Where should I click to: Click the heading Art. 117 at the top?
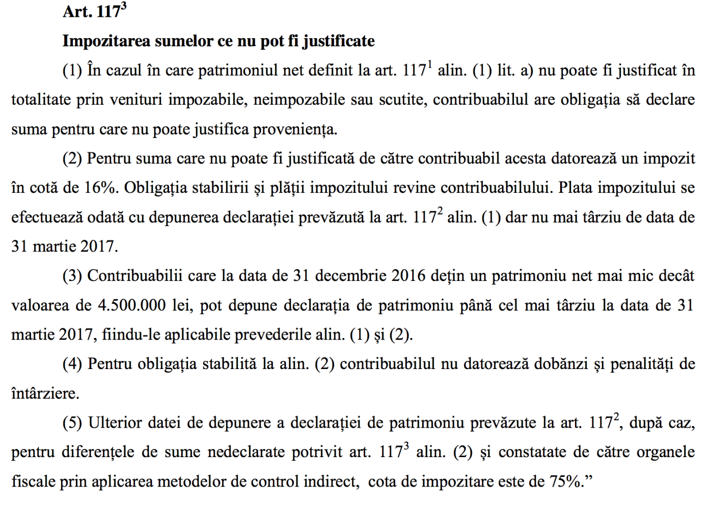(94, 11)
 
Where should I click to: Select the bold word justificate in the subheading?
(339, 41)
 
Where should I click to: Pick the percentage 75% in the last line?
(565, 481)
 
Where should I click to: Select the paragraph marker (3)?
(72, 276)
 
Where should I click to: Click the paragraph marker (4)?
(72, 364)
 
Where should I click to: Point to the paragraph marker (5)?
(72, 423)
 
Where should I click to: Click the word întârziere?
(45, 393)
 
